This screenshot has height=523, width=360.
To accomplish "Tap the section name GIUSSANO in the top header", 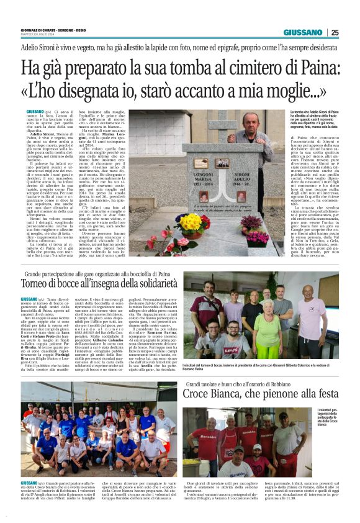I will click(303, 32).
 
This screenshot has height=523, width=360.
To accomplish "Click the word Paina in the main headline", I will click(302, 66).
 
